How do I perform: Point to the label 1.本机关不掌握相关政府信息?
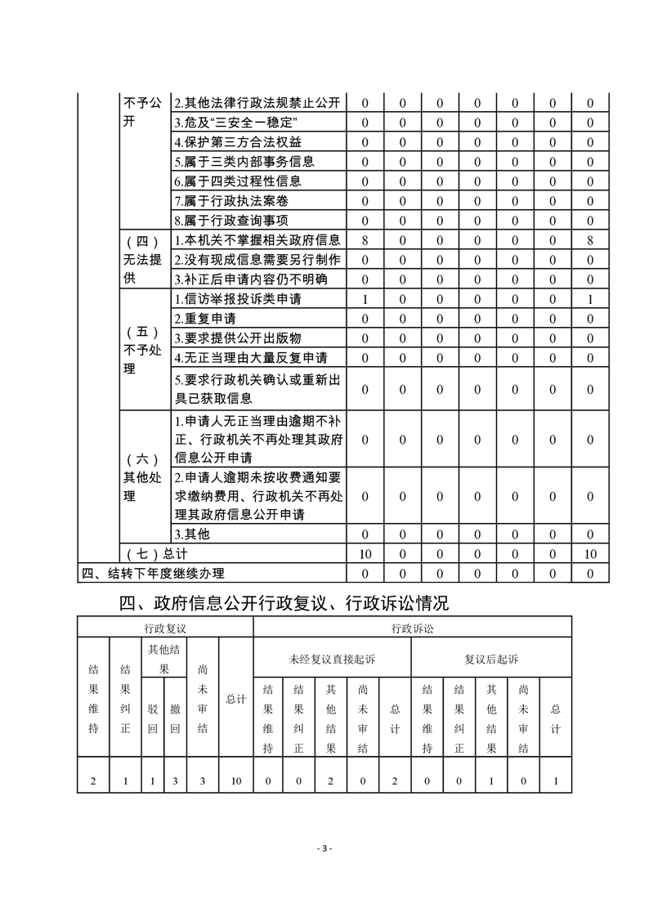pos(257,240)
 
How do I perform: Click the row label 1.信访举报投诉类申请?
pos(237,299)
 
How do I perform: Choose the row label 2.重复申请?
pos(205,319)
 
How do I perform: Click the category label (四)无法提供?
pos(142,260)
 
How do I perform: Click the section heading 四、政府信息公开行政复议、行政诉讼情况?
pos(284,604)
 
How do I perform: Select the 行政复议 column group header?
pos(165,628)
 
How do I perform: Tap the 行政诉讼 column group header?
pos(412,628)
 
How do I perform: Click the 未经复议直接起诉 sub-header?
pos(332,659)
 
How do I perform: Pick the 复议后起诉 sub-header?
pos(490,659)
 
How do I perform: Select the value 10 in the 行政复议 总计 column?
pos(235,781)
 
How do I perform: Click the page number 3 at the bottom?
pos(324,848)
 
